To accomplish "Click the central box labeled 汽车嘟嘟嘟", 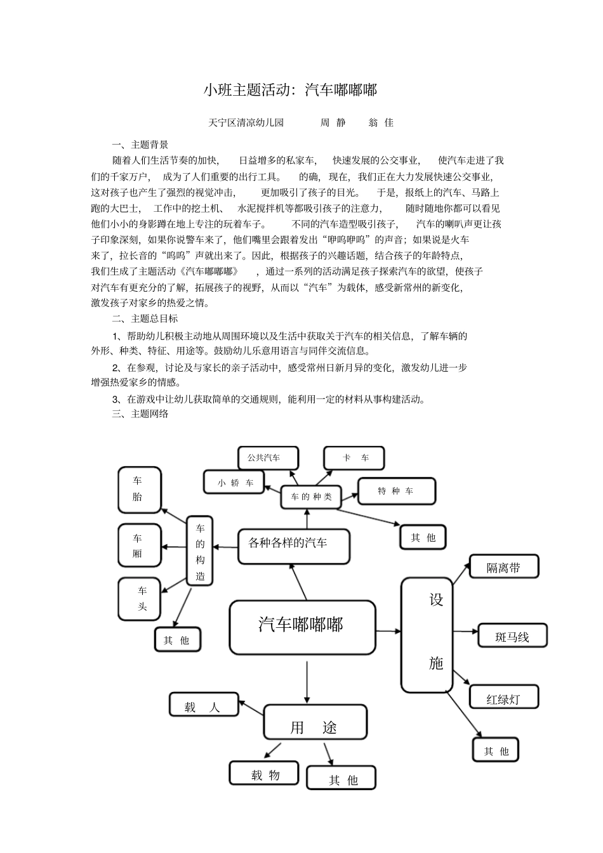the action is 302,627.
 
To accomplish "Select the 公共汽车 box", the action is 268,458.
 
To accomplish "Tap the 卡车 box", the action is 354,458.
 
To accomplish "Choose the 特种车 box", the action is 397,491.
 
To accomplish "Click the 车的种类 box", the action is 311,497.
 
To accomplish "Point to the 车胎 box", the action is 139,490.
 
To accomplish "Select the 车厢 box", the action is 139,545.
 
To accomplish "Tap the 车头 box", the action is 139,599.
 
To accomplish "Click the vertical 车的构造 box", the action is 200,550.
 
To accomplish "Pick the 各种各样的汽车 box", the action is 294,546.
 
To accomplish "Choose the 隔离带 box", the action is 504,566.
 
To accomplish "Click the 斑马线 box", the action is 512,635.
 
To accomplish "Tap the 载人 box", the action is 204,705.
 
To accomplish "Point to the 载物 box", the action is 264,773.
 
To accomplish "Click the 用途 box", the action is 315,722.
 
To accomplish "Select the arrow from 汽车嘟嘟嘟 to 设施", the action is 388,631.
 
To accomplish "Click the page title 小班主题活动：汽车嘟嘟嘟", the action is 290,90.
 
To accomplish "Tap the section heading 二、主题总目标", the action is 145,318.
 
